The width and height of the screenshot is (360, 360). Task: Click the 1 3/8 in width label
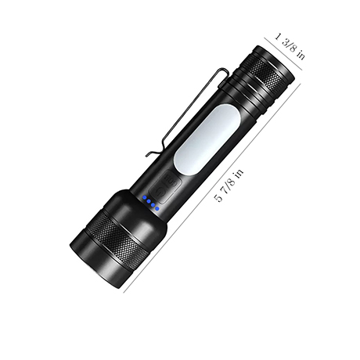click(290, 46)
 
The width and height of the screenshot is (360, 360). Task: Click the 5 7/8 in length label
click(229, 185)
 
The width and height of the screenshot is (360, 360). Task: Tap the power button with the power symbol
click(160, 193)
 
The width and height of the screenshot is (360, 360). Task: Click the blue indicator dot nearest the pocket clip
click(144, 198)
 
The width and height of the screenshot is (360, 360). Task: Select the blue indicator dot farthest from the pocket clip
click(157, 208)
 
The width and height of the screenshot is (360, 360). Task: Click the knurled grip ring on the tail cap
click(264, 71)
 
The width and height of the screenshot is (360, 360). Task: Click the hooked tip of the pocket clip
click(148, 154)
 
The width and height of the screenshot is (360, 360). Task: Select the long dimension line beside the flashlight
click(212, 187)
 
